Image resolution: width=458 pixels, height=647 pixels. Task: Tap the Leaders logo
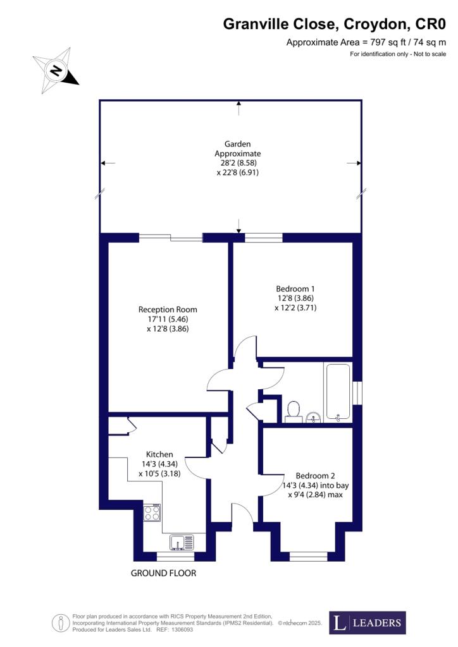click(x=367, y=622)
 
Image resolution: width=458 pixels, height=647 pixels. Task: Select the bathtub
click(x=338, y=392)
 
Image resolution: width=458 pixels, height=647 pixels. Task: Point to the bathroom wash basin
click(x=314, y=417)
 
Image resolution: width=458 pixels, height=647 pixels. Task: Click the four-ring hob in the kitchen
click(x=152, y=512)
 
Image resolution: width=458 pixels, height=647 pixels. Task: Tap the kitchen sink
click(x=182, y=542)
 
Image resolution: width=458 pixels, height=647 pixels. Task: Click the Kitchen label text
click(x=159, y=454)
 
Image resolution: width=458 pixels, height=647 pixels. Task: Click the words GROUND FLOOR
click(x=164, y=573)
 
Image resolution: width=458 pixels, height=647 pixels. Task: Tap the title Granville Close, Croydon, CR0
click(x=335, y=25)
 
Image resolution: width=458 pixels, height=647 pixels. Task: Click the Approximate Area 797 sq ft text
click(x=366, y=42)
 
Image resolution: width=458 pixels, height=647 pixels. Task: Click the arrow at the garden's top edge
click(x=238, y=108)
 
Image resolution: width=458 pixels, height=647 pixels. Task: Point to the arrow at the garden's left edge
click(x=108, y=163)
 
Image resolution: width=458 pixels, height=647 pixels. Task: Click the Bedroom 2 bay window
click(x=309, y=557)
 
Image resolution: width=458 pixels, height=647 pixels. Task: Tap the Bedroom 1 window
click(x=264, y=238)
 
